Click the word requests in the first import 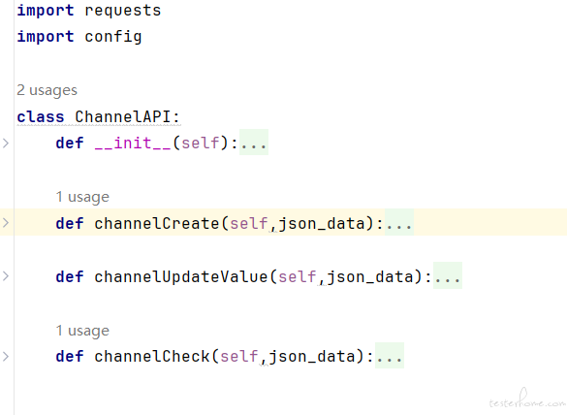click(123, 11)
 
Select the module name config click(113, 37)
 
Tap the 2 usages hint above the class click(47, 90)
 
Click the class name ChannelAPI click(122, 117)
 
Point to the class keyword click(41, 117)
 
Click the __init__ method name click(133, 143)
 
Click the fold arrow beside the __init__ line click(6, 144)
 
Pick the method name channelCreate click(157, 223)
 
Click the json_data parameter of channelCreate click(322, 223)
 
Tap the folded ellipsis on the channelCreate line click(399, 222)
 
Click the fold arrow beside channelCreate click(6, 222)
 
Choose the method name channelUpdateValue click(181, 276)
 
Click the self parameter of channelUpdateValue click(298, 276)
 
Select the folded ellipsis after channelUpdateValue click(448, 276)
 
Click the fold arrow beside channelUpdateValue click(6, 276)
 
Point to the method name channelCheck click(152, 357)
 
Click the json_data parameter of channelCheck click(312, 357)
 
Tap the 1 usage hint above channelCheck click(82, 331)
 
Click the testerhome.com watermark click(527, 399)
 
